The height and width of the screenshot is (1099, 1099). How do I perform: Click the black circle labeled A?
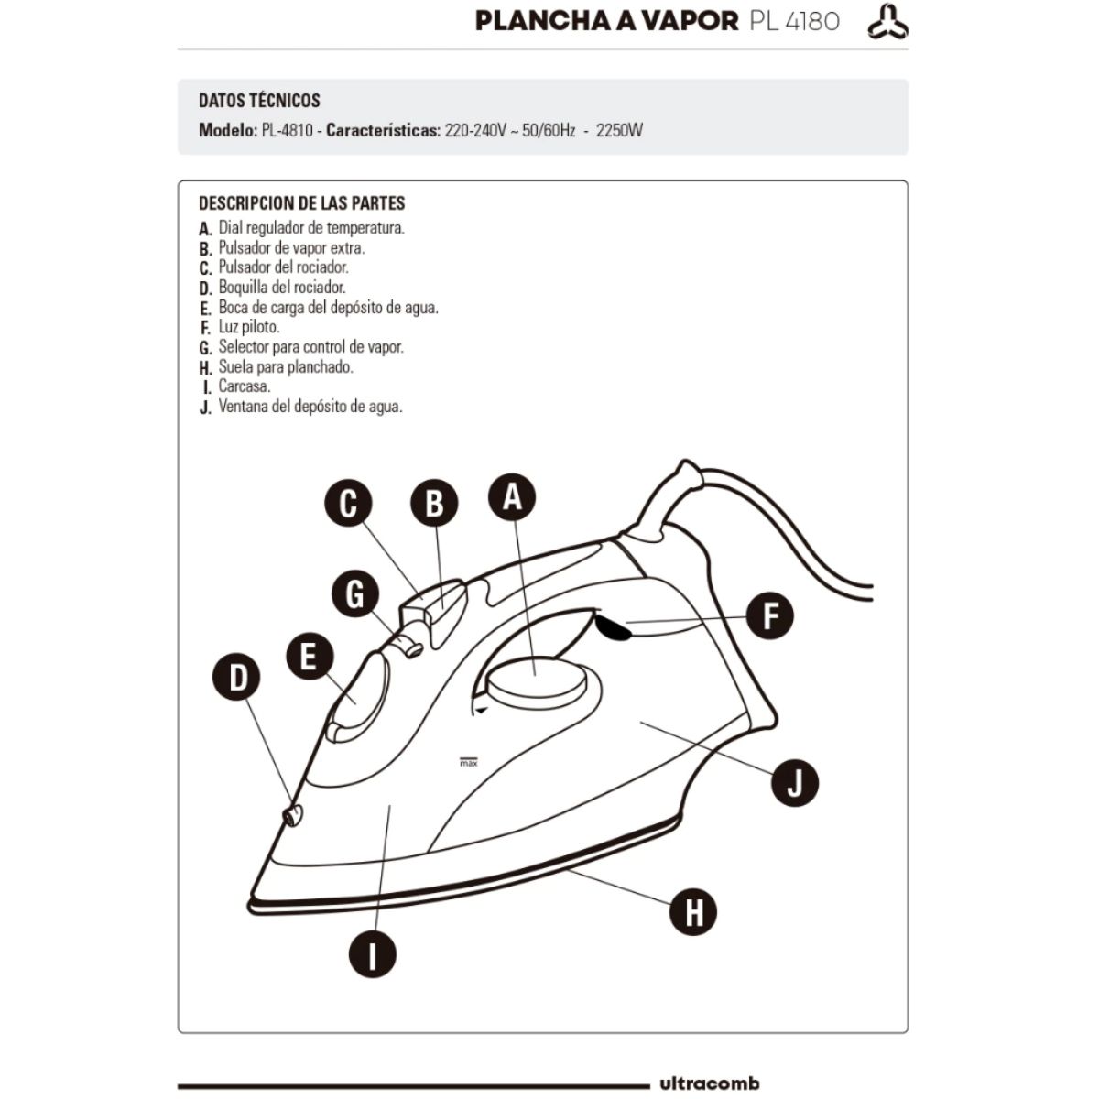click(512, 496)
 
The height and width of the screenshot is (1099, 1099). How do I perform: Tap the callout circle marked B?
click(434, 503)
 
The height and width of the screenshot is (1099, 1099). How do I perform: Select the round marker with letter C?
click(348, 503)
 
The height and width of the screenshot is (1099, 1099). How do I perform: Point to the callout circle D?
click(236, 677)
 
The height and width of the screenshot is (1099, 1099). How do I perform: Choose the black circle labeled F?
click(769, 615)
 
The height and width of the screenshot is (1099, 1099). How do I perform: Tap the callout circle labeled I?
click(373, 954)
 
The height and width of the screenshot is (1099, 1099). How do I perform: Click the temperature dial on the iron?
click(536, 680)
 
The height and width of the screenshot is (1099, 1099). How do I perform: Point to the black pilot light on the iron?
click(612, 627)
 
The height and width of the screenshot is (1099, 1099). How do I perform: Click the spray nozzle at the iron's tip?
click(292, 816)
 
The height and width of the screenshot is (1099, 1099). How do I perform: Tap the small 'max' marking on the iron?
click(468, 763)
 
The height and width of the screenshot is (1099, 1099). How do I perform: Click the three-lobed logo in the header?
click(887, 22)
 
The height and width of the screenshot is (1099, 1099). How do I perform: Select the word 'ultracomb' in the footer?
click(710, 1083)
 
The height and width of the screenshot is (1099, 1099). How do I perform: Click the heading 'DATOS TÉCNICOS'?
click(259, 101)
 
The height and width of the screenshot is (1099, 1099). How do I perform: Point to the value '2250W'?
click(619, 131)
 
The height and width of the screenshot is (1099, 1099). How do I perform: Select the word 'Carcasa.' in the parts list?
click(245, 386)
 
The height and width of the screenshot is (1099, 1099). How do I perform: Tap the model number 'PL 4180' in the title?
click(794, 22)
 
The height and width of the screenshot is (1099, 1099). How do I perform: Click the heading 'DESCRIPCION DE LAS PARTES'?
click(301, 203)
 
